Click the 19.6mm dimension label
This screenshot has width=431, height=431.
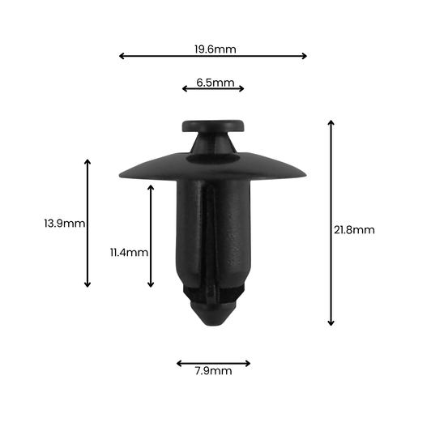[x=215, y=49]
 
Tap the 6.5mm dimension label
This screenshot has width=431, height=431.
[x=215, y=83]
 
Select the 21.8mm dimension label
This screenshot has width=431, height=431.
[x=354, y=230]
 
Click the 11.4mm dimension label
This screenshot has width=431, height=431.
[x=130, y=252]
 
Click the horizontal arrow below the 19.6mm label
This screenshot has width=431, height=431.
[x=213, y=56]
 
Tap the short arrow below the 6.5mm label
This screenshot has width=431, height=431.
[x=213, y=88]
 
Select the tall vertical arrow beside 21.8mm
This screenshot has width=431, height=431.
[x=331, y=223]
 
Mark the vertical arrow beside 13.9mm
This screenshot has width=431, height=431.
[x=87, y=224]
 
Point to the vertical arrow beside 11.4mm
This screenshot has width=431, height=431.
[x=151, y=236]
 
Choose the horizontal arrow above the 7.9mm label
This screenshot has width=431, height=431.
[x=213, y=364]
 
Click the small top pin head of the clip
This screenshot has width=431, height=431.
[x=214, y=126]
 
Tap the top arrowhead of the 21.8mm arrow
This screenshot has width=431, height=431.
[x=331, y=122]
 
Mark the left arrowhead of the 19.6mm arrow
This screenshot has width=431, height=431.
[x=122, y=56]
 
